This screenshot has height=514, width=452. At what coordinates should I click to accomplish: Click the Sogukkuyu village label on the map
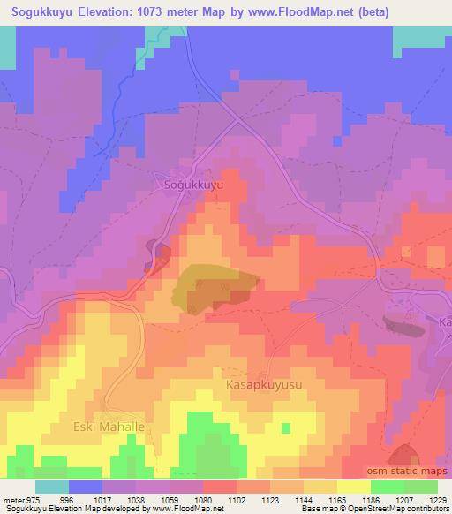point(192,185)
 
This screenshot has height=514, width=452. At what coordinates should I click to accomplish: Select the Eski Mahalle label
point(108,427)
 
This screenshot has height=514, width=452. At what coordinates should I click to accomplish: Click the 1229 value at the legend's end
point(438,499)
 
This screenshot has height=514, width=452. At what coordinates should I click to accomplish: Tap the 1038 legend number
point(137,499)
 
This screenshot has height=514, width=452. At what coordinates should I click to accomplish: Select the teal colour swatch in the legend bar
point(52,487)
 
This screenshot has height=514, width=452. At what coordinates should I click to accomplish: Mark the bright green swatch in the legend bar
point(388,487)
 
